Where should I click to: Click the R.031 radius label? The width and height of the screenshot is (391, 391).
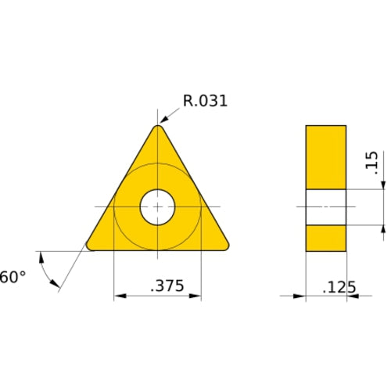click(x=205, y=100)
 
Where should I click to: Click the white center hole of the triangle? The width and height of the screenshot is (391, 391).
click(x=158, y=207)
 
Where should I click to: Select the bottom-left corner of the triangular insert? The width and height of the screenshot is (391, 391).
click(x=91, y=246)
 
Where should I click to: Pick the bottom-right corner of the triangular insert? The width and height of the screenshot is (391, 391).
click(x=225, y=246)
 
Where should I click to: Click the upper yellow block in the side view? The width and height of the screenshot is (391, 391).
click(x=326, y=157)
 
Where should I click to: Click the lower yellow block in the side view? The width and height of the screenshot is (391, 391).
click(x=326, y=238)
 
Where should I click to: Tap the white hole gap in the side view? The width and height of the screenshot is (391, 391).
click(x=326, y=207)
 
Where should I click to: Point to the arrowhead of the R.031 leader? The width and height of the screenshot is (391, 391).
click(x=165, y=122)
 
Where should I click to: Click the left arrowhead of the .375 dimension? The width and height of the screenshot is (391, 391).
click(x=119, y=296)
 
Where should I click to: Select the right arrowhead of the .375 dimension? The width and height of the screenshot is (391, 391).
click(x=196, y=296)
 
